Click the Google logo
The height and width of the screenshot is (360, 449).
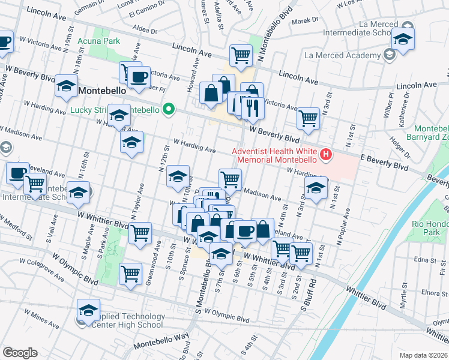pyautogui.click(x=20, y=353)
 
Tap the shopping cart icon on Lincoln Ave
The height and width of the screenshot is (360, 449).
pyautogui.click(x=240, y=55)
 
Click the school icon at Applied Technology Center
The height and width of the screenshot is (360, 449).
pyautogui.click(x=88, y=310)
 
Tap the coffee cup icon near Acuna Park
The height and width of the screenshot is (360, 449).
pyautogui.click(x=139, y=77)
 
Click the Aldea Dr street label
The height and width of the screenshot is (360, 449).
pyautogui.click(x=145, y=30)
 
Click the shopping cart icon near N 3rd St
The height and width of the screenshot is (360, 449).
pyautogui.click(x=308, y=119)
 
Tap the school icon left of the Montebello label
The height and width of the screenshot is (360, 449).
pyautogui.click(x=66, y=86)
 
